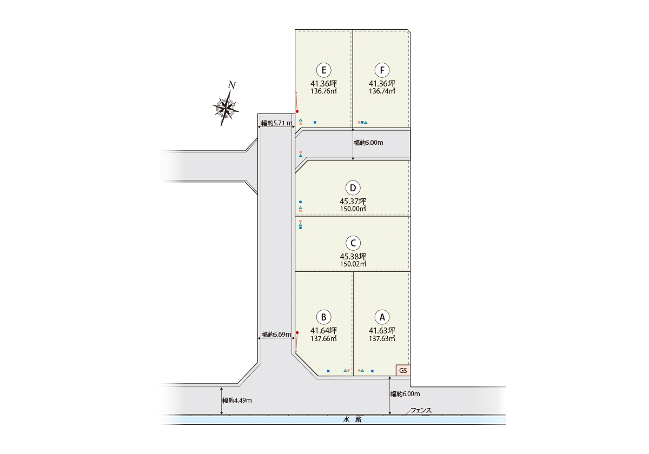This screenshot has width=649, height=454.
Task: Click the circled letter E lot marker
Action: click(x=323, y=70)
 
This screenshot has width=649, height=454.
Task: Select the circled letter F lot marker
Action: click(x=382, y=70)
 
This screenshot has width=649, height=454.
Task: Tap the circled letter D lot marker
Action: click(x=353, y=188)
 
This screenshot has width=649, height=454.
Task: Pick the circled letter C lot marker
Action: click(x=353, y=243)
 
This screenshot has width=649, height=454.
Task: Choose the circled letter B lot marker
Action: click(x=323, y=317)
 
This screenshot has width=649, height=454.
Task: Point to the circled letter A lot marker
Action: click(x=382, y=317)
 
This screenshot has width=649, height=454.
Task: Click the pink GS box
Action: click(x=403, y=370)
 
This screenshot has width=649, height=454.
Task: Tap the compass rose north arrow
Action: click(x=226, y=109)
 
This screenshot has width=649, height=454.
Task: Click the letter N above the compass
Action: click(x=232, y=85)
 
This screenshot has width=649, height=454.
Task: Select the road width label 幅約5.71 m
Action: click(x=277, y=123)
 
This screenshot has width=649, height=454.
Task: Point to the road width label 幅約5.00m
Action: click(x=368, y=143)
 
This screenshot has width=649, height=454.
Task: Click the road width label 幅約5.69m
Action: click(x=276, y=335)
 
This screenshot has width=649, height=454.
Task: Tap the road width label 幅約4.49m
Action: click(x=237, y=400)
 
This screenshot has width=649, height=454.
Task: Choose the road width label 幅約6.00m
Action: click(x=405, y=394)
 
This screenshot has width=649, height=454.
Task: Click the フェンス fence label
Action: click(x=421, y=410)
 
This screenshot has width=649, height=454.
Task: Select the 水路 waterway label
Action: click(x=352, y=419)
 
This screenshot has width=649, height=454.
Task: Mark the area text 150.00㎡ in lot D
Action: click(x=353, y=209)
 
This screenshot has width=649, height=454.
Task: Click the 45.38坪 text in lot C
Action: click(x=353, y=256)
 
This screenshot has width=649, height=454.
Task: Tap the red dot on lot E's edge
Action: click(x=297, y=111)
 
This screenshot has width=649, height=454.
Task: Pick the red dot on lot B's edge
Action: click(x=297, y=333)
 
